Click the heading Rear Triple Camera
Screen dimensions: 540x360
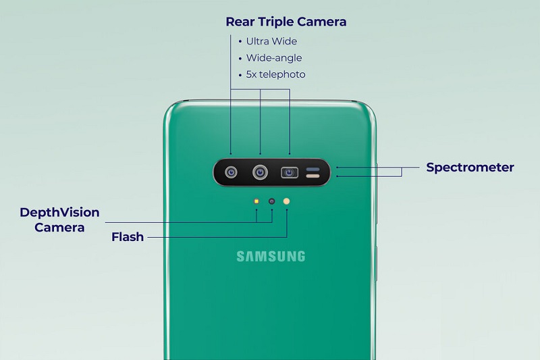[x=286, y=22]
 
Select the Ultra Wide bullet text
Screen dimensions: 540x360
[x=271, y=41]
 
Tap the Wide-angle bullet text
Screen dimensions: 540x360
[x=274, y=58]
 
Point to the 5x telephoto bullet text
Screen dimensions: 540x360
[x=275, y=74]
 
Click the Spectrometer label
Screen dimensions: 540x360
[x=470, y=168]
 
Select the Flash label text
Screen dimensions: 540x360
[x=128, y=237]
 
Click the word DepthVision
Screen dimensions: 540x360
[x=59, y=213]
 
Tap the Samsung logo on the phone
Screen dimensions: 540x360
[x=271, y=256]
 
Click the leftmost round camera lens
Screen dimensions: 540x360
[x=231, y=172]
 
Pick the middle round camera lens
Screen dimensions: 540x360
[x=260, y=172]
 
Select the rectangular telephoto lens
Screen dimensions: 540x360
[x=290, y=172]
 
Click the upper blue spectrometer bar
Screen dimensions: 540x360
[x=313, y=170]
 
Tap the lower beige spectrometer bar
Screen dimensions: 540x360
[x=313, y=176]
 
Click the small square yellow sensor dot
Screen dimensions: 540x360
[x=256, y=201]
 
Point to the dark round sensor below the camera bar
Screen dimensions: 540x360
[x=272, y=201]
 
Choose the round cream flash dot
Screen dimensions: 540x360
[x=286, y=201]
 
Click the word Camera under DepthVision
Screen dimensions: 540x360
[x=59, y=228]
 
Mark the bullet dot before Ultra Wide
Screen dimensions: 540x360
[x=240, y=42]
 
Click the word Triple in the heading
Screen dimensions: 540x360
[x=275, y=22]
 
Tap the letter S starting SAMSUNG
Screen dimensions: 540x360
[x=240, y=256]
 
